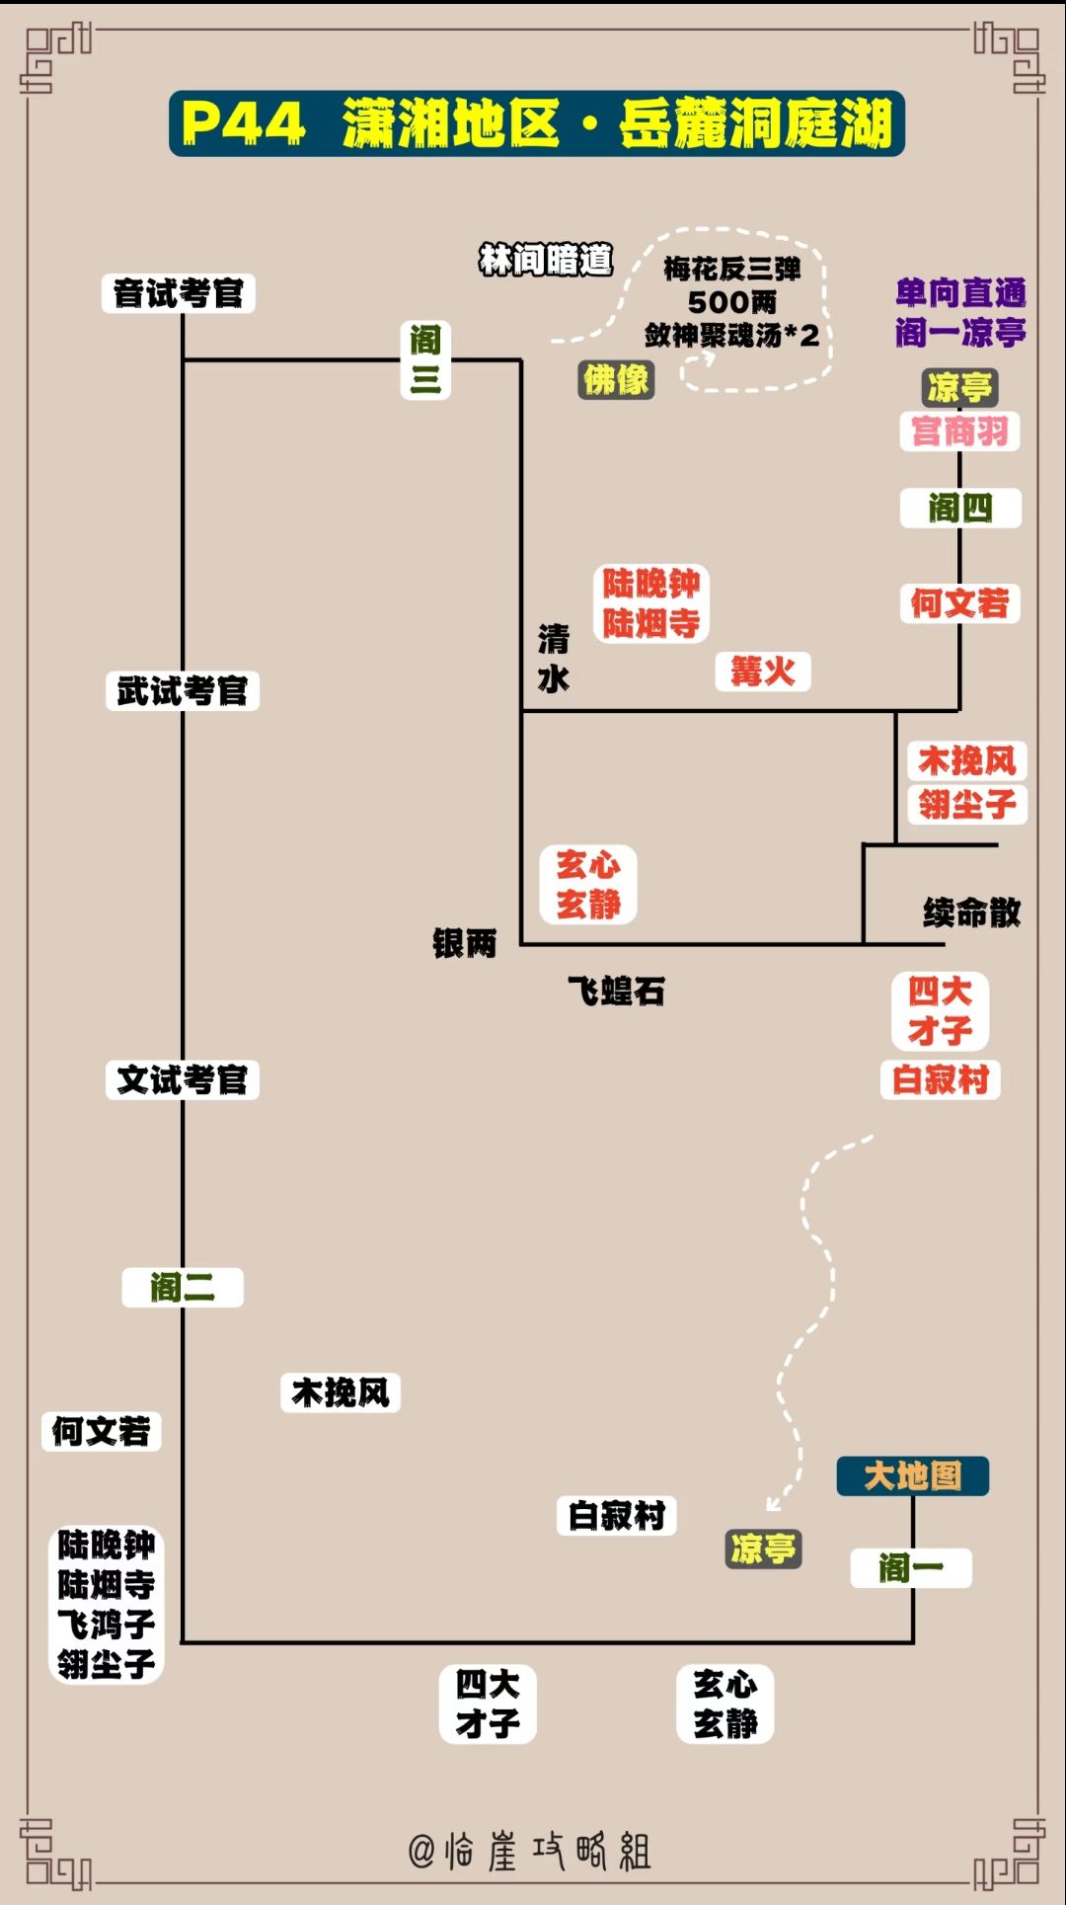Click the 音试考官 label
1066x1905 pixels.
pyautogui.click(x=179, y=293)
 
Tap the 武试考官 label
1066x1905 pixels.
pyautogui.click(x=183, y=690)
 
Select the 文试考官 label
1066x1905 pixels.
pyautogui.click(x=183, y=1079)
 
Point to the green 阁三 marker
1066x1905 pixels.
pyautogui.click(x=425, y=359)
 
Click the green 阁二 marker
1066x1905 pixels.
pyautogui.click(x=183, y=1288)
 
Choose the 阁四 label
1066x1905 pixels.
pyautogui.click(x=960, y=509)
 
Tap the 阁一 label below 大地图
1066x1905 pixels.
pyautogui.click(x=911, y=1568)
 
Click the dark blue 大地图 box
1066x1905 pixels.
pyautogui.click(x=913, y=1476)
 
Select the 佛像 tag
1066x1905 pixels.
pyautogui.click(x=617, y=379)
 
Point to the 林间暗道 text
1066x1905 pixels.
pyautogui.click(x=546, y=260)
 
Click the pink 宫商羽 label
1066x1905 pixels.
pyautogui.click(x=960, y=432)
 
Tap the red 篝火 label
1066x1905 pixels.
pyautogui.click(x=763, y=673)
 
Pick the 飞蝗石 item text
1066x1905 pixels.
pyautogui.click(x=617, y=991)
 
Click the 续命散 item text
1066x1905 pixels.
pyautogui.click(x=972, y=913)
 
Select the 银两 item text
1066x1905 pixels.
pyautogui.click(x=465, y=943)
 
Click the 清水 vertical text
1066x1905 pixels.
pyautogui.click(x=554, y=659)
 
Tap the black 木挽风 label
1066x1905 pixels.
pyautogui.click(x=341, y=1392)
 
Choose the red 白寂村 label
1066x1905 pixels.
pyautogui.click(x=941, y=1079)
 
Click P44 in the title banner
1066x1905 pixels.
pyautogui.click(x=243, y=124)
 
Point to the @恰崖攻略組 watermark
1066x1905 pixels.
pyautogui.click(x=530, y=1851)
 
